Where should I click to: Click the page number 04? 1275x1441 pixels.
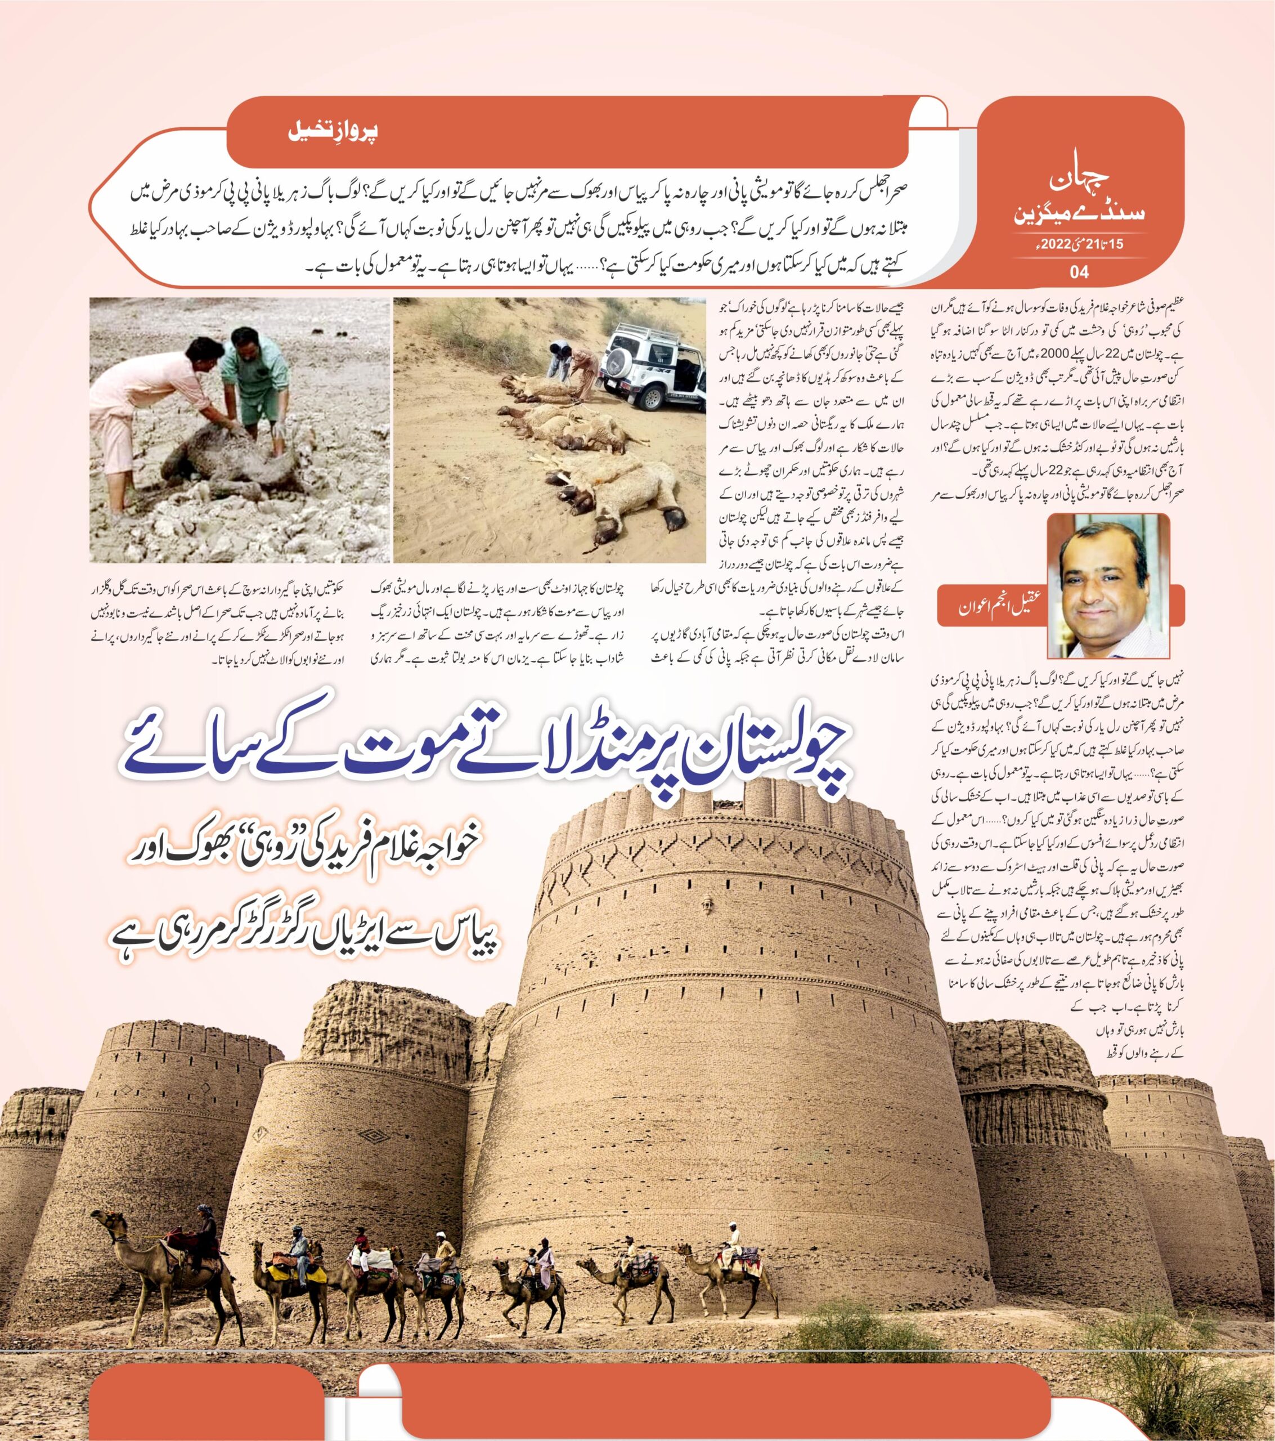click(1079, 271)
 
